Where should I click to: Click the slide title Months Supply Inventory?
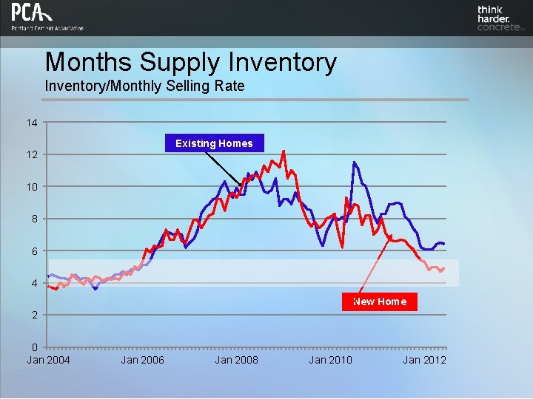pyautogui.click(x=190, y=62)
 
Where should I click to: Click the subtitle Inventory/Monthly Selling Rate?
pyautogui.click(x=144, y=86)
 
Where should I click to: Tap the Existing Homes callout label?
pyautogui.click(x=214, y=143)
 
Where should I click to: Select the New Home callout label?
pyautogui.click(x=379, y=301)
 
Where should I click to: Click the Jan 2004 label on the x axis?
pyautogui.click(x=49, y=360)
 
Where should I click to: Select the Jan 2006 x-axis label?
pyautogui.click(x=143, y=360)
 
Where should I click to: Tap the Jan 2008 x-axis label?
pyautogui.click(x=237, y=360)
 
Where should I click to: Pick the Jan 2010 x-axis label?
pyautogui.click(x=331, y=360)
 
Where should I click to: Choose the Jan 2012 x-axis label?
pyautogui.click(x=425, y=360)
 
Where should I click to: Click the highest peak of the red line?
pyautogui.click(x=284, y=151)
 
